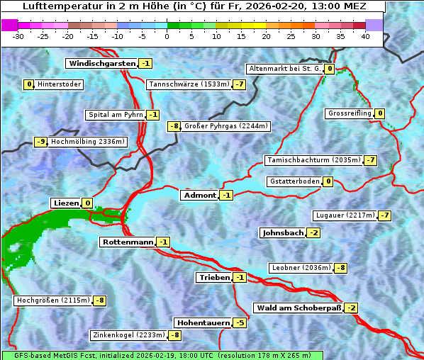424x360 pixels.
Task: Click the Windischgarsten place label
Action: tap(101, 63)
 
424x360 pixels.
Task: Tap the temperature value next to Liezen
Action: tap(88, 203)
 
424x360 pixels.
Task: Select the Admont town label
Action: tap(199, 195)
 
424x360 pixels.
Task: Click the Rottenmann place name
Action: tap(128, 242)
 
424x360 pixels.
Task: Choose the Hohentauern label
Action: tap(203, 322)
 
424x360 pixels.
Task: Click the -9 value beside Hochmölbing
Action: tap(40, 142)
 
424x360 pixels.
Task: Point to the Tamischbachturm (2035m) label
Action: tap(313, 160)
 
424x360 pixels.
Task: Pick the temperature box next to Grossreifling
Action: tap(380, 113)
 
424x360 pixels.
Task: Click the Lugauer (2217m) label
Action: tap(344, 215)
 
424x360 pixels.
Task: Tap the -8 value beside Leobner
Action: tap(341, 268)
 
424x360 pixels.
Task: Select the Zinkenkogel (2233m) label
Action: tap(128, 334)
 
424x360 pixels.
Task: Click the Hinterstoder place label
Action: tap(60, 84)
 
